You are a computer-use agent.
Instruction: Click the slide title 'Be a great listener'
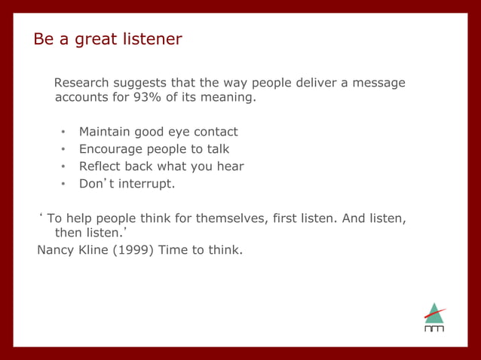[107, 39]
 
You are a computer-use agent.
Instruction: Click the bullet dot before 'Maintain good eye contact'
[64, 133]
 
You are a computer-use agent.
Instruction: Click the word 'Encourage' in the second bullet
[112, 149]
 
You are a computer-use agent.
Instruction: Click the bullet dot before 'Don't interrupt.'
[64, 185]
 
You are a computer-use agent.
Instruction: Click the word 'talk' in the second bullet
[217, 149]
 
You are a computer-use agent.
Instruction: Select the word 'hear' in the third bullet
[229, 166]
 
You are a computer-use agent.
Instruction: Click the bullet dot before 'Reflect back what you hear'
[64, 167]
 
